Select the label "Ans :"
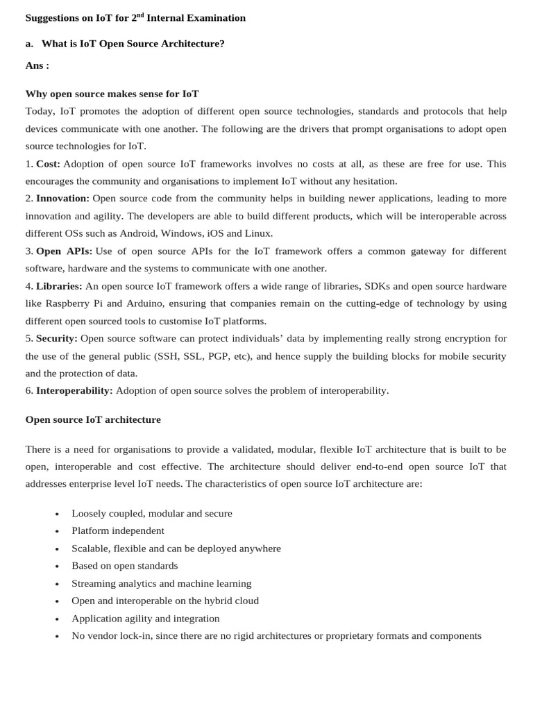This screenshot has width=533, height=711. (37, 65)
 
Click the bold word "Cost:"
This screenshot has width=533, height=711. (48, 164)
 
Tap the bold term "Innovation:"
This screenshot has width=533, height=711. (62, 199)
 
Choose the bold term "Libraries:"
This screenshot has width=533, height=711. (59, 286)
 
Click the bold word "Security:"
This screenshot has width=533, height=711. (57, 338)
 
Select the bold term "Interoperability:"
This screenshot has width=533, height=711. (74, 390)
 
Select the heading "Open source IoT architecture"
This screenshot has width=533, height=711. (93, 419)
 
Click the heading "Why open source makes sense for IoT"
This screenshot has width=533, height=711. (112, 94)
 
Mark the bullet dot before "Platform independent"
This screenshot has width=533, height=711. (57, 531)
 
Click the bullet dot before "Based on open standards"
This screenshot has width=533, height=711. (57, 567)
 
